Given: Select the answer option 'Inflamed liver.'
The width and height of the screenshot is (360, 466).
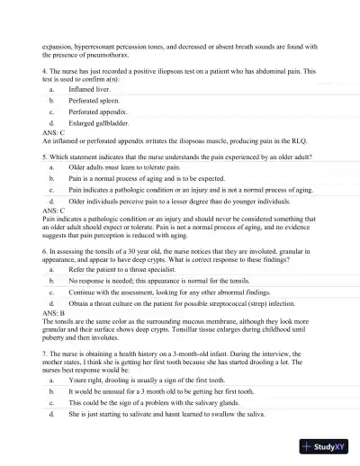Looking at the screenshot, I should pyautogui.click(x=86, y=91).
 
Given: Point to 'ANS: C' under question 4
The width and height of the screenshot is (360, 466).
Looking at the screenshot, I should pyautogui.click(x=54, y=141).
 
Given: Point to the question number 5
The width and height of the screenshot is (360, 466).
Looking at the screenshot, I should pyautogui.click(x=45, y=154).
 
